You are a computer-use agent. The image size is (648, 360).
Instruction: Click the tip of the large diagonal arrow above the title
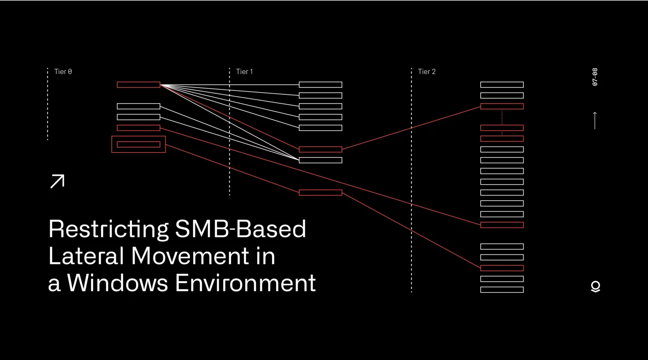(x=64, y=175)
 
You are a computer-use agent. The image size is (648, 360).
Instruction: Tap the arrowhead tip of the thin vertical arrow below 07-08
(x=595, y=112)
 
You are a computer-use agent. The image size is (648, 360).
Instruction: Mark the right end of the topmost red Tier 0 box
(x=160, y=85)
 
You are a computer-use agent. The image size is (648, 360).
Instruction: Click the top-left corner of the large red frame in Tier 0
(x=112, y=136)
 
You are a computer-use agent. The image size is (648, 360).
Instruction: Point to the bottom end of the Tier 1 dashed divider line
(x=230, y=195)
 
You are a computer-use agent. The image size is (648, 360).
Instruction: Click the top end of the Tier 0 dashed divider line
(x=48, y=68)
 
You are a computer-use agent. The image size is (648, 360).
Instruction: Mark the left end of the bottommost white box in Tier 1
(x=299, y=160)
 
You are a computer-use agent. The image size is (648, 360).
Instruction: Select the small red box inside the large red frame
(x=139, y=144)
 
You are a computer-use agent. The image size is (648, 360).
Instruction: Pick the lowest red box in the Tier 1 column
(x=320, y=193)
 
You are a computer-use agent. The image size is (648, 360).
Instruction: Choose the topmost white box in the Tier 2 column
(x=502, y=85)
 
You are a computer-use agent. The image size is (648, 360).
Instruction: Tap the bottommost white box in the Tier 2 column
(x=502, y=290)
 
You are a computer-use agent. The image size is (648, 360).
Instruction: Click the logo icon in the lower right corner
(x=595, y=287)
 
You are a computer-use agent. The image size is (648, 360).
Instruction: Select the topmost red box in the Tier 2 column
(x=502, y=106)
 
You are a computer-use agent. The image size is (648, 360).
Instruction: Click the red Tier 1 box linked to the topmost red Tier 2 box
(x=320, y=149)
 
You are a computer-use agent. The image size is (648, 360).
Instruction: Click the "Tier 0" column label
(x=63, y=72)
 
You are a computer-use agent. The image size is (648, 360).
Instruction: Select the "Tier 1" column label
(x=245, y=72)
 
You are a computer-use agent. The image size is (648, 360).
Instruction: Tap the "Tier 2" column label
(x=427, y=72)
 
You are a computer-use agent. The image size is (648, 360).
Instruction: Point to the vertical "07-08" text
(x=595, y=77)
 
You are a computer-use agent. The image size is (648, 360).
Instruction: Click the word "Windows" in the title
(x=117, y=283)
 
